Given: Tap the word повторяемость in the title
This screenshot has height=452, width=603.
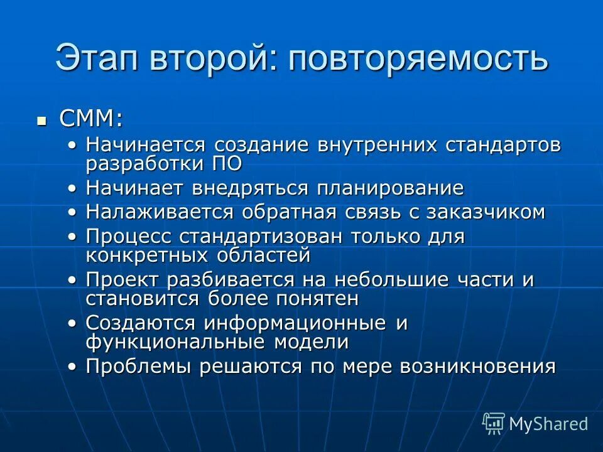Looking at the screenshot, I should coord(419,58).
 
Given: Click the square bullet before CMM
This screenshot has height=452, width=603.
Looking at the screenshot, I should coord(42,119).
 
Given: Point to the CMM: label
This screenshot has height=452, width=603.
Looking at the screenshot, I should coord(91,118).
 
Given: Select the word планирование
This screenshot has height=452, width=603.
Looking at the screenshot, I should coord(389,188).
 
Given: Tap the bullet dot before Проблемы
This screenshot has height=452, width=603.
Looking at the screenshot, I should coord(73,366).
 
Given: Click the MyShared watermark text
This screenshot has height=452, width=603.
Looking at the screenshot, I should coord(548,424).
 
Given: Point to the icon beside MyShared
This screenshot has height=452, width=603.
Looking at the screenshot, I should coord(493,424).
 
